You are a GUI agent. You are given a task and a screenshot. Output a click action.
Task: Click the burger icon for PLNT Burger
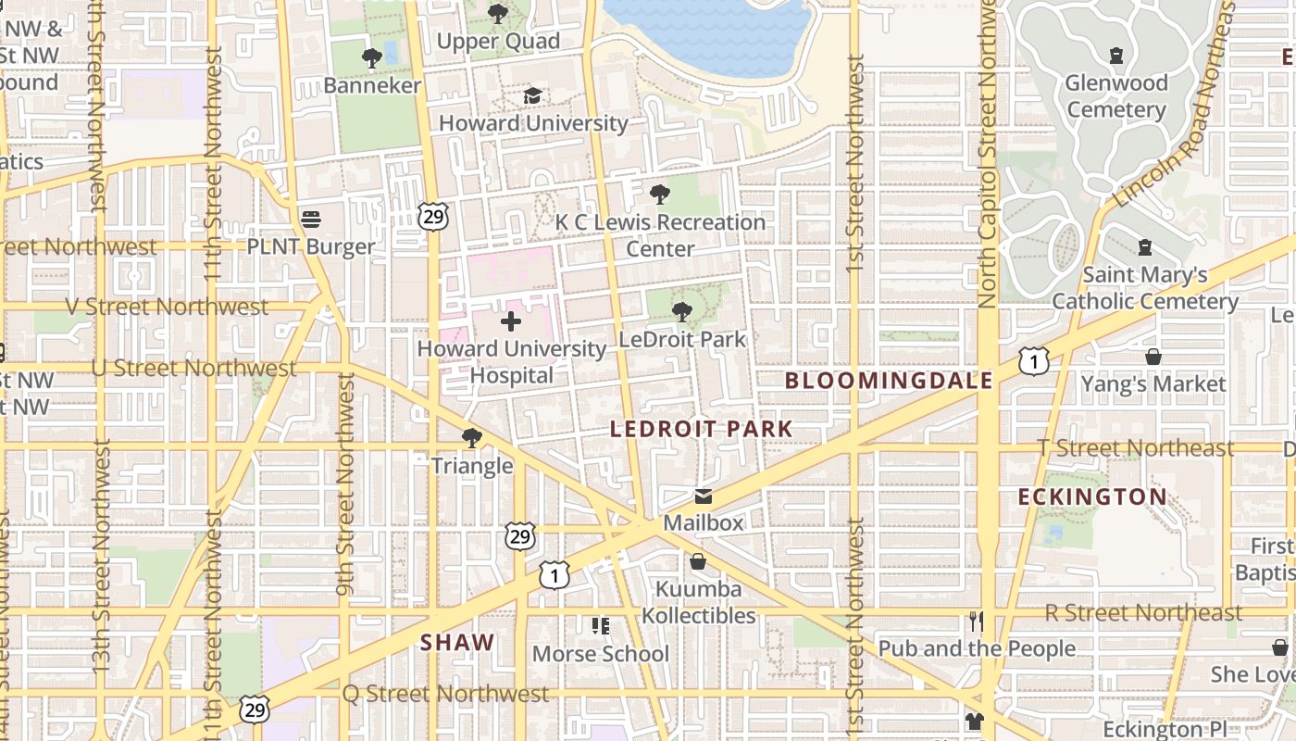311,220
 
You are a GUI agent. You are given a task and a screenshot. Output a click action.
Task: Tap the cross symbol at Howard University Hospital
510,321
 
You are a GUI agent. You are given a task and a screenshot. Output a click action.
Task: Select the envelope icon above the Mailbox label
704,496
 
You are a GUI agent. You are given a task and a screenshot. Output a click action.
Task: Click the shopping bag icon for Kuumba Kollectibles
698,562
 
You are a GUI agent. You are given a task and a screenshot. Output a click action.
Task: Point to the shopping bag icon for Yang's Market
1153,357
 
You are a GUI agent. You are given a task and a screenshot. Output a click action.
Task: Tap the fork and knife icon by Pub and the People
976,621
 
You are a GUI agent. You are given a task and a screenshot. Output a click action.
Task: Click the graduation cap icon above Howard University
532,95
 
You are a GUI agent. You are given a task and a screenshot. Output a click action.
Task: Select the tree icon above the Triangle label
472,438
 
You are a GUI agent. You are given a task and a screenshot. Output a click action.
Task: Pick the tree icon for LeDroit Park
682,312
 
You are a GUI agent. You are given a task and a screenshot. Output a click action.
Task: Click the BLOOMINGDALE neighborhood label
889,381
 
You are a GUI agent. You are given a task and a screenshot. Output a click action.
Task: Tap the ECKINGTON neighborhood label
1092,497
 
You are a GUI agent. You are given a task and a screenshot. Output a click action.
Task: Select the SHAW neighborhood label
457,643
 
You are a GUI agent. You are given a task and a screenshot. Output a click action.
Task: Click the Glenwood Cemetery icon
1116,56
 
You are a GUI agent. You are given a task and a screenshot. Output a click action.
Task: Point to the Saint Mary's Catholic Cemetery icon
1145,247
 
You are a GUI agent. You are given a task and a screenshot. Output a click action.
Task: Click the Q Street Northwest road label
445,694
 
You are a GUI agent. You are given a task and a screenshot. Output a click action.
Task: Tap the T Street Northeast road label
1136,448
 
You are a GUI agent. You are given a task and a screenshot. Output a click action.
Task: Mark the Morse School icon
601,627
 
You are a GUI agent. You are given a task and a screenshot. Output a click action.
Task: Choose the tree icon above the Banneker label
372,58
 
